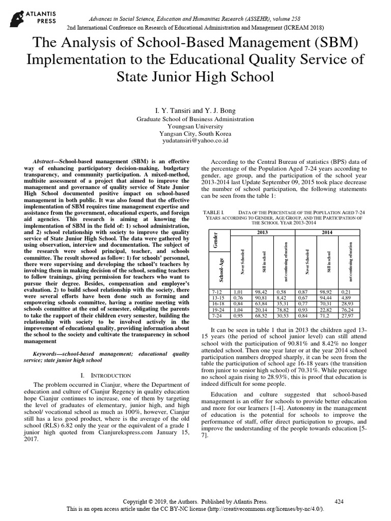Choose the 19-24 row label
point(216,309)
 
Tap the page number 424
point(339,501)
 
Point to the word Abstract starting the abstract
point(44,160)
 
